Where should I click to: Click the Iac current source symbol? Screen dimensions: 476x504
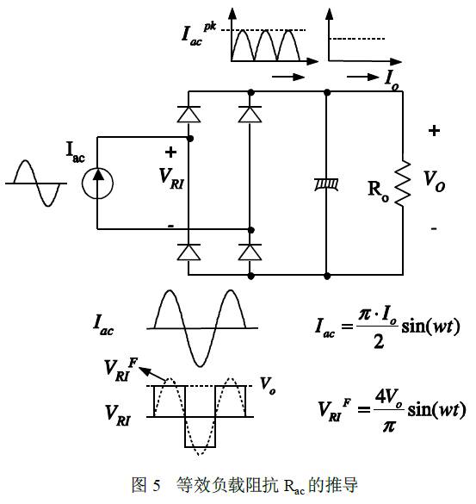[97, 184]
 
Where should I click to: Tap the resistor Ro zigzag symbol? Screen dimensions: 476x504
[403, 183]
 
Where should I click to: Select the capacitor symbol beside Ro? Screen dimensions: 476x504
[326, 185]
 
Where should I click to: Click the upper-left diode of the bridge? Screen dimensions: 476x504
[189, 114]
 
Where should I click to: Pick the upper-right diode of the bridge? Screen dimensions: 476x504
[250, 114]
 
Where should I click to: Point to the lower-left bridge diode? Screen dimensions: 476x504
[189, 252]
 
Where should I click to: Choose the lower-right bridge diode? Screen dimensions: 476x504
[250, 252]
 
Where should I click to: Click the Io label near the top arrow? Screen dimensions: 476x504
[392, 79]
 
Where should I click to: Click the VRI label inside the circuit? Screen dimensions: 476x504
[171, 178]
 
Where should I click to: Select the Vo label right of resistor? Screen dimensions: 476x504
[434, 181]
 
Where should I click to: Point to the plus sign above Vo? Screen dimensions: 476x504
[434, 130]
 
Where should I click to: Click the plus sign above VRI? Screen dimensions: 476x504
[170, 152]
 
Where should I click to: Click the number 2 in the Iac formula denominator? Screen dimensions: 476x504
[379, 341]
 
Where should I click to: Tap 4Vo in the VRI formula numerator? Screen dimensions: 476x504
[389, 398]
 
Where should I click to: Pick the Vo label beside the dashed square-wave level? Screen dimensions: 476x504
[268, 385]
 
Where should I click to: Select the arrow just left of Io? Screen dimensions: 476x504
[363, 77]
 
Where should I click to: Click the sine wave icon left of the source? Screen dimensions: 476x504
[36, 184]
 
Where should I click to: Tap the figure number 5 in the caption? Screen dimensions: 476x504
[157, 485]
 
